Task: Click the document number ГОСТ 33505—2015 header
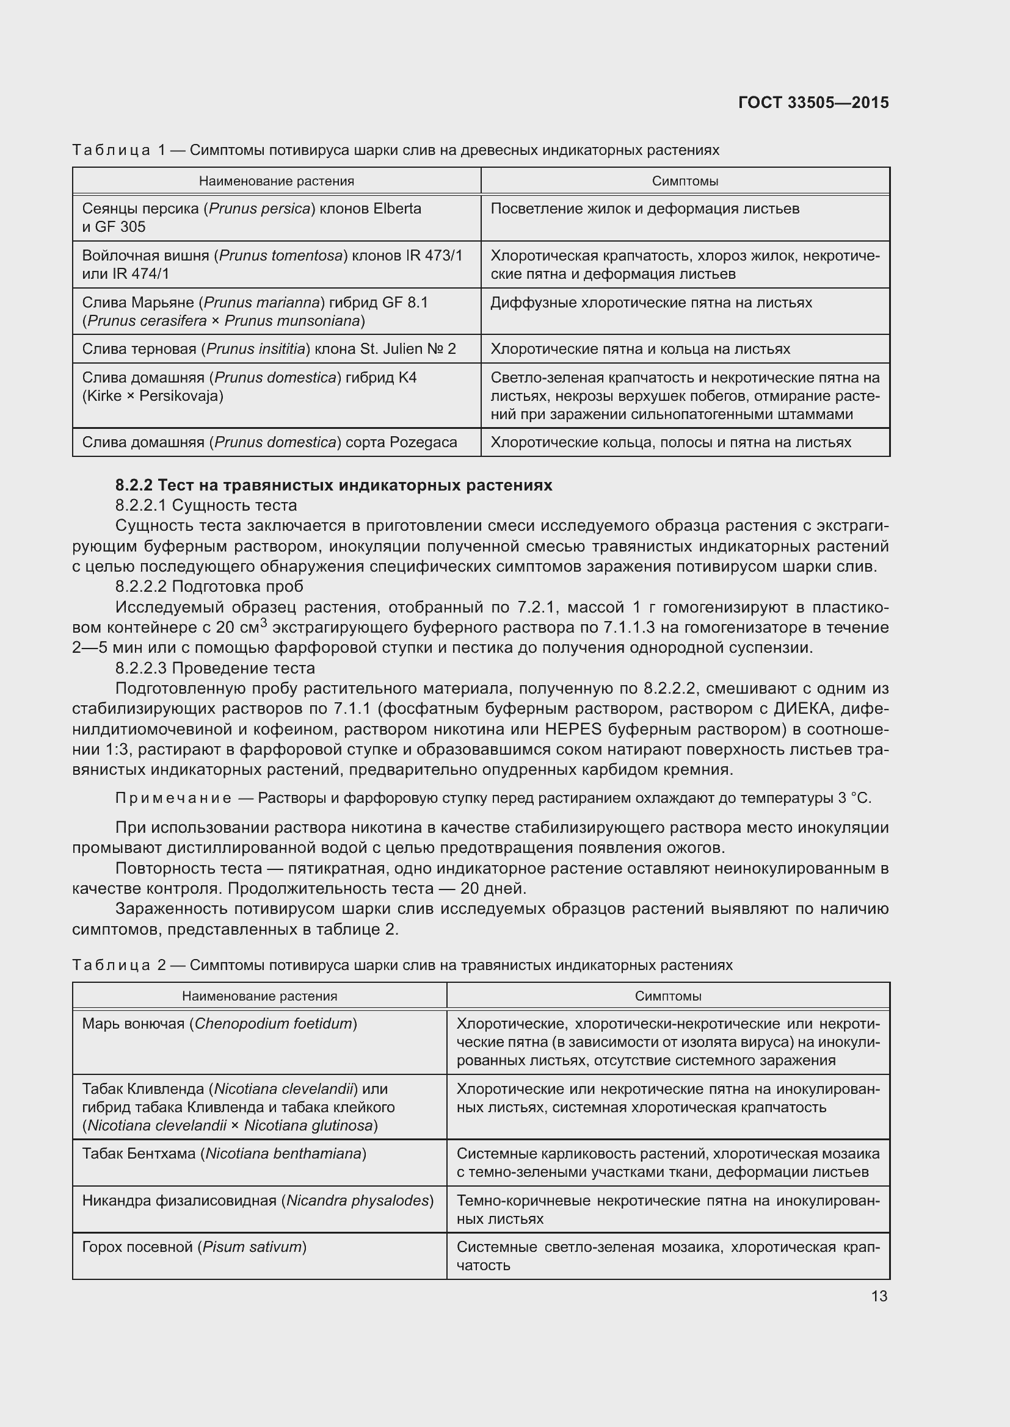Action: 813,102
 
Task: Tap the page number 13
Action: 879,1296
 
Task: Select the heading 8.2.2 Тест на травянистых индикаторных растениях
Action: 334,485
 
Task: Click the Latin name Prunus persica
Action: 260,209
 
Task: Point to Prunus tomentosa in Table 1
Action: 281,256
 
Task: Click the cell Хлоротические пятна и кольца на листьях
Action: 640,349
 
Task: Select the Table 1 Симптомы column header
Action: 685,181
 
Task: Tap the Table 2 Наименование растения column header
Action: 260,996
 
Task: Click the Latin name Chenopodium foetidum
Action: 274,1024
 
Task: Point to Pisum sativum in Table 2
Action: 252,1248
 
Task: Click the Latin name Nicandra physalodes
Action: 358,1200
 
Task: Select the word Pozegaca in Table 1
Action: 423,442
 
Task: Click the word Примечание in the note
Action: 173,798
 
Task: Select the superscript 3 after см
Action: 264,622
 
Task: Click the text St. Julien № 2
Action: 408,349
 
